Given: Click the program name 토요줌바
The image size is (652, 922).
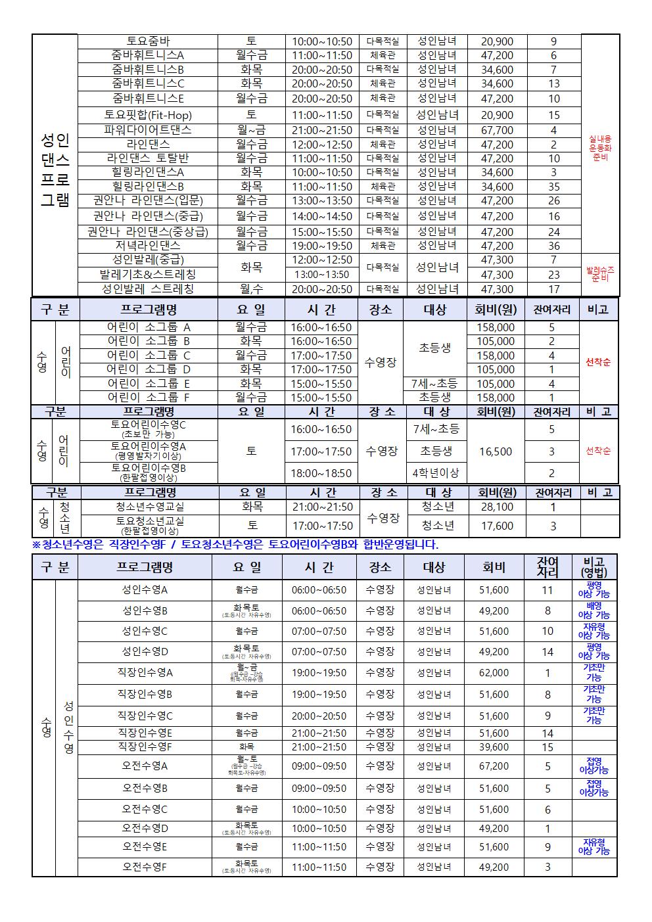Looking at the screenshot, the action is [148, 41].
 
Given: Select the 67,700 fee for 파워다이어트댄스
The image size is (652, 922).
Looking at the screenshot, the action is [497, 130].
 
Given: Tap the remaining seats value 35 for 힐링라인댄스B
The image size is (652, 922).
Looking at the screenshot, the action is [553, 187].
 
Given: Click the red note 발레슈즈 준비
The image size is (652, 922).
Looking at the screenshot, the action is [600, 274].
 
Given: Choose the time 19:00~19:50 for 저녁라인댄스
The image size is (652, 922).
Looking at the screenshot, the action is [322, 246].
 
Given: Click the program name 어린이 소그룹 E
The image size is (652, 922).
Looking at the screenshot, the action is [149, 384].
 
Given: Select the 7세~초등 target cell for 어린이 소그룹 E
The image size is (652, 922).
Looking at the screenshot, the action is [434, 384].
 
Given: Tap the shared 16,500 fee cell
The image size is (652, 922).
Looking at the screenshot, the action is [496, 451].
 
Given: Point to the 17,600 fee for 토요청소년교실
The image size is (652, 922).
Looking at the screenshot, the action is [497, 526].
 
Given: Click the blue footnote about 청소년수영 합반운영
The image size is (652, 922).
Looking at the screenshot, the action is [235, 544].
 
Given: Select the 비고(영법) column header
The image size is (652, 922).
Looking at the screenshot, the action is [595, 567].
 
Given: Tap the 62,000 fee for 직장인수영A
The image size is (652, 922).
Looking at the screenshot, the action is [494, 673].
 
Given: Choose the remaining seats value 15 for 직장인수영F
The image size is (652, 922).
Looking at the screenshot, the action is [547, 747].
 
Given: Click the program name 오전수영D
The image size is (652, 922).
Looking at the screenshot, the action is [145, 829].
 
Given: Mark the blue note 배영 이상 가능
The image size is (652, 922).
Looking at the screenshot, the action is [594, 611].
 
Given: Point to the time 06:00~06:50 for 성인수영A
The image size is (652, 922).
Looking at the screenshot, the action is [319, 590].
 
